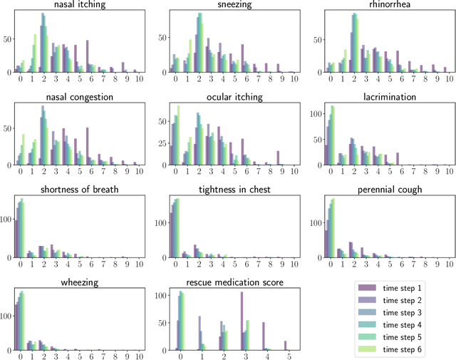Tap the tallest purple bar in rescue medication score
click(x=242, y=321)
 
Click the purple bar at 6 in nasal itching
click(x=87, y=56)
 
